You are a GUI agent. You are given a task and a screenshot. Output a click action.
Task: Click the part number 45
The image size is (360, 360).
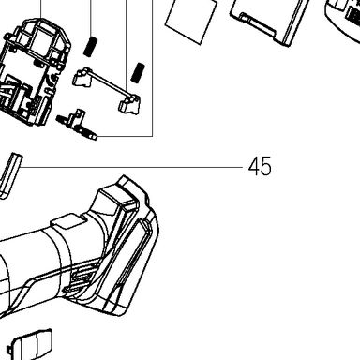(260, 167)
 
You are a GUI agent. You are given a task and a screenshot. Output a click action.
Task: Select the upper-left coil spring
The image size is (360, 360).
(90, 47)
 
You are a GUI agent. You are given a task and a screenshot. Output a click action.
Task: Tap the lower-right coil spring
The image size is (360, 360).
(138, 73)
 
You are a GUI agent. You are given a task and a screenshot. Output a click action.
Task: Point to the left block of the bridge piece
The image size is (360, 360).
(82, 77)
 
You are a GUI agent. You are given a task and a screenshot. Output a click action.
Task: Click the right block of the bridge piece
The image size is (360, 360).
(129, 104)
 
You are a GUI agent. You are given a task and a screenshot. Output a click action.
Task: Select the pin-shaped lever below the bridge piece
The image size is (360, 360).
(77, 125)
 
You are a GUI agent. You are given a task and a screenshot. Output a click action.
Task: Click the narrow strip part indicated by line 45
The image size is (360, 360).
(10, 175)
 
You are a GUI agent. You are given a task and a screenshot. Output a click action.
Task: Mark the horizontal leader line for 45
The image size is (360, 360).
(131, 167)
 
